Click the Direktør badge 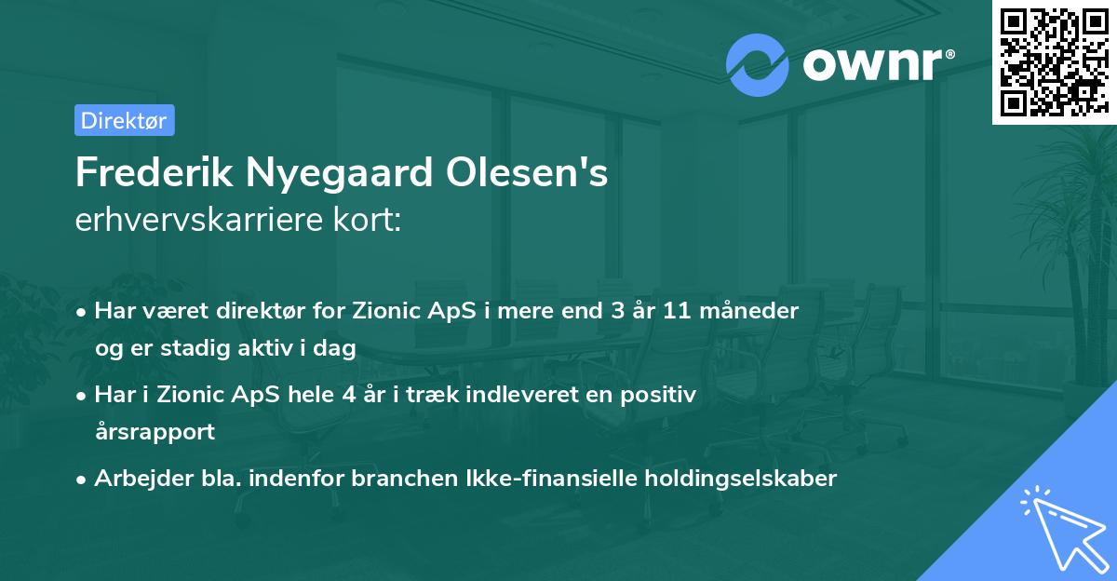[124, 120]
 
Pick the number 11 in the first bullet [677, 311]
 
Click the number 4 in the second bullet [348, 395]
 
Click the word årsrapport [155, 432]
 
